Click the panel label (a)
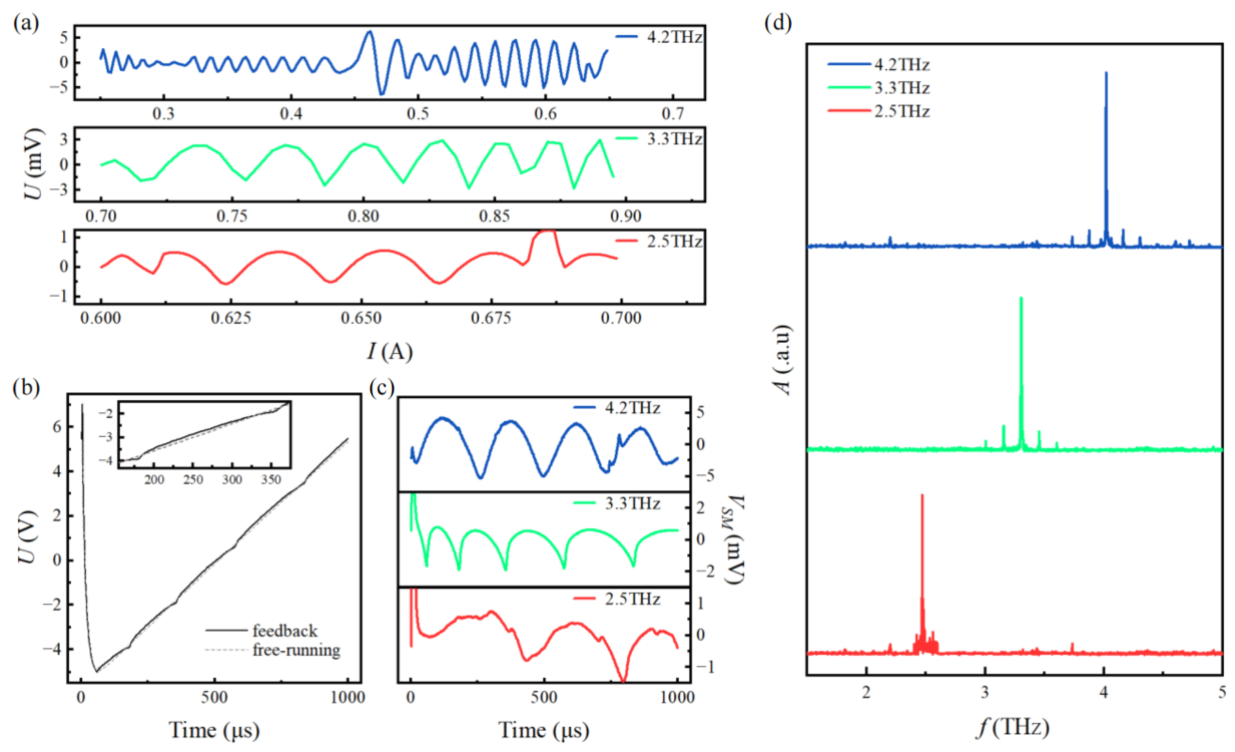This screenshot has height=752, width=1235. [x=26, y=23]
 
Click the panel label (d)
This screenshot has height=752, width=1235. [x=778, y=23]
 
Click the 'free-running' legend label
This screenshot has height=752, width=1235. [x=296, y=650]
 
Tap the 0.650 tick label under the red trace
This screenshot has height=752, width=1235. [x=361, y=318]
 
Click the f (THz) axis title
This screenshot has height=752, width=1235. [x=1013, y=728]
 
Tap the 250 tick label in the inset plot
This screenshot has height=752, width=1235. [x=193, y=480]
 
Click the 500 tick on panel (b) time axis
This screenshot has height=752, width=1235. [x=214, y=697]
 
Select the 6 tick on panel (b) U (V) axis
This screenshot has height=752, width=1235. [x=57, y=427]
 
